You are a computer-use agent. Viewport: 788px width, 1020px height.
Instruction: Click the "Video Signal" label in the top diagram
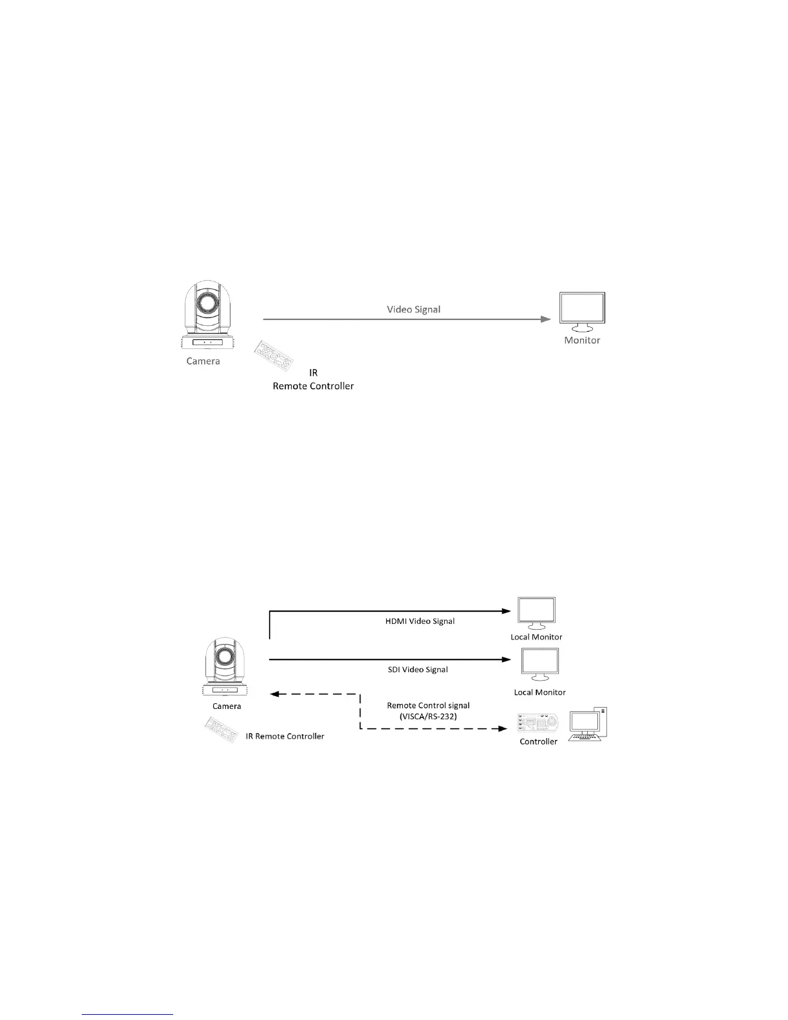coord(413,309)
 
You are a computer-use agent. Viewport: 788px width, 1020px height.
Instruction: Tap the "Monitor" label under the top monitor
coord(582,340)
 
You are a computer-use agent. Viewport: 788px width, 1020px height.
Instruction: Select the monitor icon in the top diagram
coord(583,312)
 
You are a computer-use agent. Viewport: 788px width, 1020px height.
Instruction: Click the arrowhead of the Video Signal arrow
coord(546,319)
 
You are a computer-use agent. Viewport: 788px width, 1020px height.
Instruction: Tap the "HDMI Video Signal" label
coord(419,621)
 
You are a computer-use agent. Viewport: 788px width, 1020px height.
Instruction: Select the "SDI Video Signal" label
coord(418,670)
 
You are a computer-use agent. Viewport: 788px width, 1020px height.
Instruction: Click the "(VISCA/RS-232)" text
coord(428,716)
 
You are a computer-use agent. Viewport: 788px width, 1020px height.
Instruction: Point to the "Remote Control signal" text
coord(428,706)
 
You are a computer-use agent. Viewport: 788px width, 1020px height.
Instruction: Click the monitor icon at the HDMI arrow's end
coord(536,613)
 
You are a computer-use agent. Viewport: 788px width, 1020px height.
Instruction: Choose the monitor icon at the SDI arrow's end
coord(539,664)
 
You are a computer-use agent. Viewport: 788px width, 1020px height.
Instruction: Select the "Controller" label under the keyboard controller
coord(538,742)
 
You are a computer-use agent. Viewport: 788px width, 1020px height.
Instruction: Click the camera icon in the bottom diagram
coord(225,666)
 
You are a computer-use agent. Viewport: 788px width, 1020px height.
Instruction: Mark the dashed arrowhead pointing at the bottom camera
coord(274,694)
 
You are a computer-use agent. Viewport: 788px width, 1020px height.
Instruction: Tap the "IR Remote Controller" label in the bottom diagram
coord(285,736)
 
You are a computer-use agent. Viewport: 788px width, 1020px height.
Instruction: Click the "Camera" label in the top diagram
coord(203,361)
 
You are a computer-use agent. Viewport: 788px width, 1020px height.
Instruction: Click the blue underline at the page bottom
coord(128,1015)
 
